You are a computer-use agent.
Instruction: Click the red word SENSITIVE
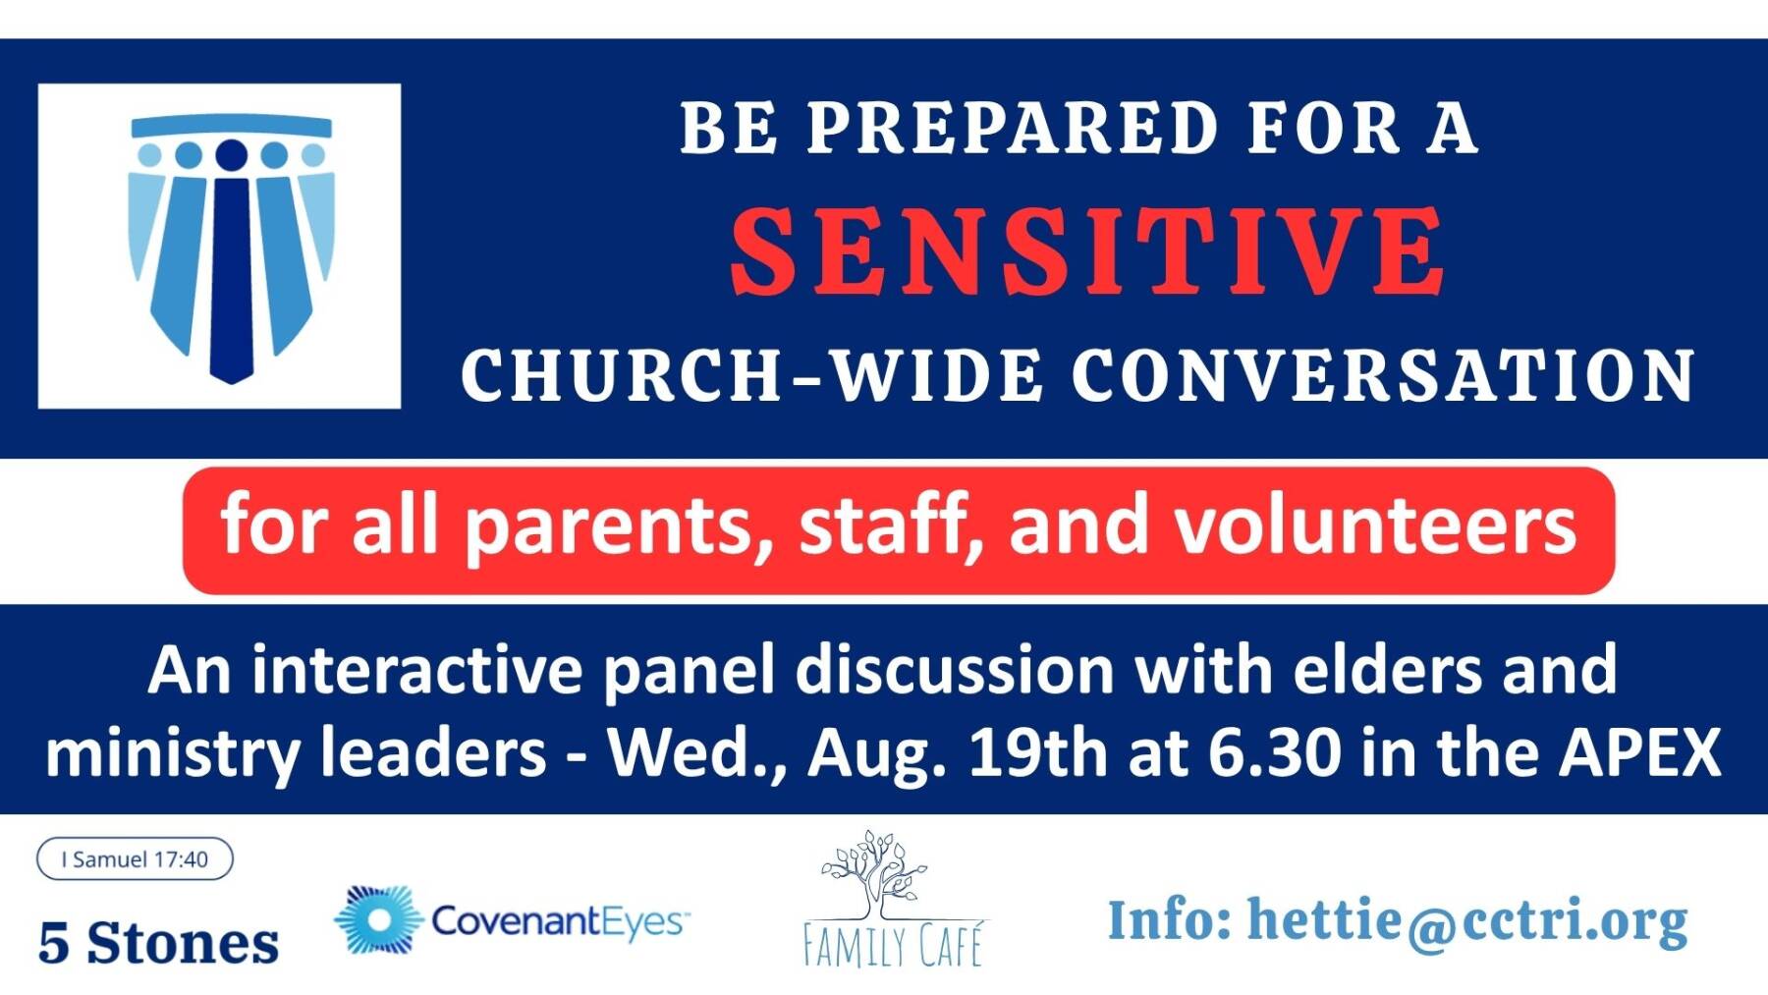(1087, 250)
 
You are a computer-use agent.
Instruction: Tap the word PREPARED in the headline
(1013, 128)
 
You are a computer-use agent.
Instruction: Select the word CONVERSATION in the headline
(1383, 375)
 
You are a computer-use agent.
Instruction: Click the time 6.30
(1274, 752)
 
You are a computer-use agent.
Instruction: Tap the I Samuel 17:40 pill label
(135, 858)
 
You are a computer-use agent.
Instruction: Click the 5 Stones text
(158, 943)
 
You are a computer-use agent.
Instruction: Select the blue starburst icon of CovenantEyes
(376, 920)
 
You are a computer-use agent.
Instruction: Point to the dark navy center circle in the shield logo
(231, 155)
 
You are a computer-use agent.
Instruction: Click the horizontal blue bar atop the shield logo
(232, 125)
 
